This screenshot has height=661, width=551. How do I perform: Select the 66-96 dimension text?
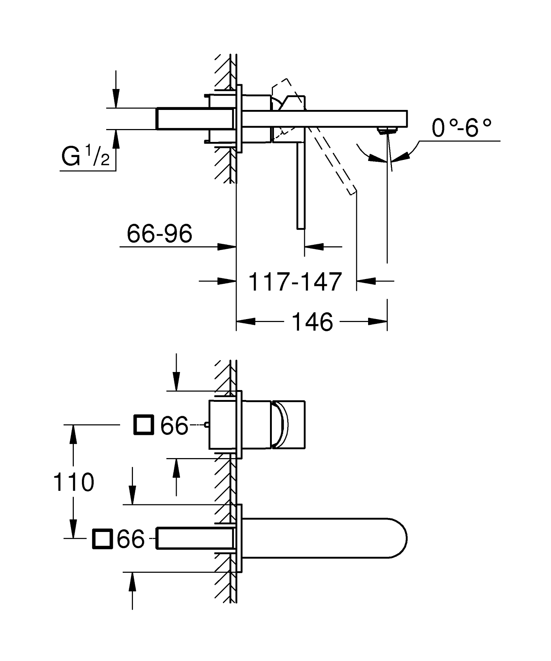[x=159, y=233]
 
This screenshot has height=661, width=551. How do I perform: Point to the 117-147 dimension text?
[x=295, y=282]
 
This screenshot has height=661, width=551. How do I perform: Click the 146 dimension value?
[x=312, y=322]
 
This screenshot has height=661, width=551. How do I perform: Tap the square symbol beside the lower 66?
[x=102, y=539]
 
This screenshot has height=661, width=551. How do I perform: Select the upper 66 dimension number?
[x=174, y=426]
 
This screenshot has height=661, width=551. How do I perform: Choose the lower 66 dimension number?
[x=131, y=539]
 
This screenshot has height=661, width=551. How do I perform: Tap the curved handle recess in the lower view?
[x=283, y=425]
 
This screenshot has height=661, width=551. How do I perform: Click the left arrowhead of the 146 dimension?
[x=245, y=322]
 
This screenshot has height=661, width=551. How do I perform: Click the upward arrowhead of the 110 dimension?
[x=74, y=434]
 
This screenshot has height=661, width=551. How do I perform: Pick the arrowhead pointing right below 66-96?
[x=226, y=247]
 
